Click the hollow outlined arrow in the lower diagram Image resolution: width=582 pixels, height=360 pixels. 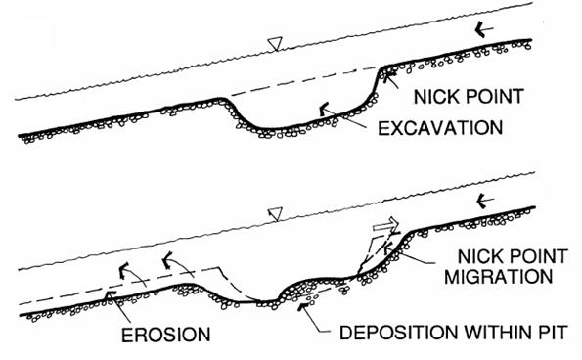(x=385, y=225)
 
